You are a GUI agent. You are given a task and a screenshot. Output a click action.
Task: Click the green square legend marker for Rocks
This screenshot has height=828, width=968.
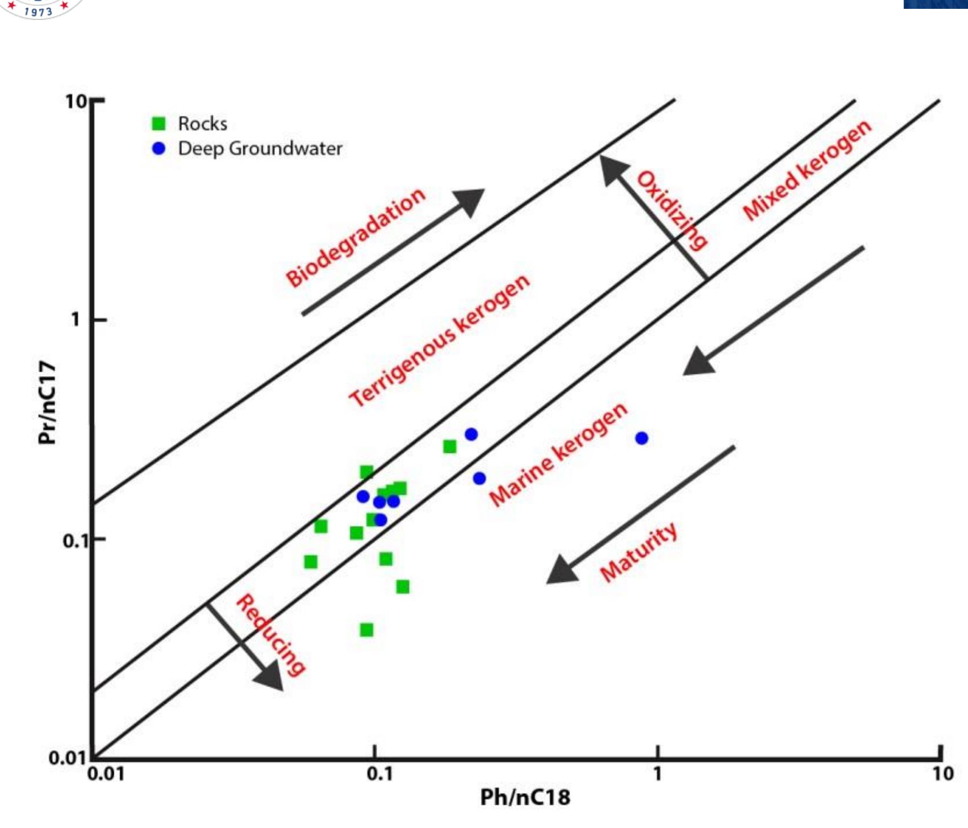pyautogui.click(x=158, y=123)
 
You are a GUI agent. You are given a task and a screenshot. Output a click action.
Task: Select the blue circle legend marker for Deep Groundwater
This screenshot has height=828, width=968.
pyautogui.click(x=158, y=149)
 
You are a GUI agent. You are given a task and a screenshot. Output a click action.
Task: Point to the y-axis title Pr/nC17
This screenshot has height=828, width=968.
pyautogui.click(x=47, y=402)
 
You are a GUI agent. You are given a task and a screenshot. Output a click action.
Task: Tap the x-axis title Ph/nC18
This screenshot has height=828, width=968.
pyautogui.click(x=525, y=797)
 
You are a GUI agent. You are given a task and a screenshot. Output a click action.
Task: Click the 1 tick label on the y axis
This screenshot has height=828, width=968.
pyautogui.click(x=76, y=319)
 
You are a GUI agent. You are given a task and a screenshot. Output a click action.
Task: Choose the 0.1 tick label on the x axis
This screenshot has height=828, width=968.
pyautogui.click(x=379, y=774)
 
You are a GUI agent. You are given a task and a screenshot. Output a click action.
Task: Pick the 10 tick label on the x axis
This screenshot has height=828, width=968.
pyautogui.click(x=943, y=774)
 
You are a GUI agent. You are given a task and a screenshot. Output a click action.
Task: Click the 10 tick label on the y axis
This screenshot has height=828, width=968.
pyautogui.click(x=76, y=102)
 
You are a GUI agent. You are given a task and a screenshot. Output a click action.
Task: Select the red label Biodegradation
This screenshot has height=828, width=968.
pyautogui.click(x=356, y=237)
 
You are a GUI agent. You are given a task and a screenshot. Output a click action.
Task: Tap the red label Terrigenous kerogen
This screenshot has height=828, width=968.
pyautogui.click(x=440, y=340)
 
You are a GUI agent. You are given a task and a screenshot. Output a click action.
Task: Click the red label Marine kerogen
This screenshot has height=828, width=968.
pyautogui.click(x=558, y=454)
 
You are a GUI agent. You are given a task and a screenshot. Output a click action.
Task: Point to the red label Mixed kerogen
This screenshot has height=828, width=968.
pyautogui.click(x=807, y=170)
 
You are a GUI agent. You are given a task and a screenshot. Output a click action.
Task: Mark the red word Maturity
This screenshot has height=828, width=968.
pyautogui.click(x=638, y=552)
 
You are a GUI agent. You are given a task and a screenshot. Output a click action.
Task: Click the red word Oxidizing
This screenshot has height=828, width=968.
pyautogui.click(x=671, y=210)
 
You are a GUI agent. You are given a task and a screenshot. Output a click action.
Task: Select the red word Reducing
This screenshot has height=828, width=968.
pyautogui.click(x=270, y=635)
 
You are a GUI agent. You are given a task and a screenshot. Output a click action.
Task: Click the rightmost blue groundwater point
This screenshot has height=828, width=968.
pyautogui.click(x=641, y=438)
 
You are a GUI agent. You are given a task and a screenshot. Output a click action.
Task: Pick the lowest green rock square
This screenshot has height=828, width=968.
pyautogui.click(x=366, y=630)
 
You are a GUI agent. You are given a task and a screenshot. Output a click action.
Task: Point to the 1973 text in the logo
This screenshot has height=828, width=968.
pyautogui.click(x=39, y=11)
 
